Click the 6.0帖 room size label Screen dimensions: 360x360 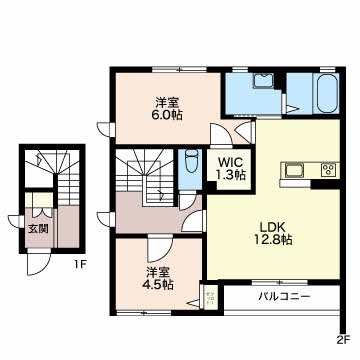click(x=168, y=115)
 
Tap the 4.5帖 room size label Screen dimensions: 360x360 click(x=159, y=284)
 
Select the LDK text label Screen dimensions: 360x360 click(x=272, y=227)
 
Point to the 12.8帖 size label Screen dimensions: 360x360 click(x=272, y=240)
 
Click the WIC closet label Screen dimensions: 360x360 click(x=230, y=162)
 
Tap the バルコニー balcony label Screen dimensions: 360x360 click(x=285, y=296)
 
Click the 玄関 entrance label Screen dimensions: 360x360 click(x=38, y=229)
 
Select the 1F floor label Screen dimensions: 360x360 click(x=80, y=265)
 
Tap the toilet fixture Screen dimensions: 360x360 click(x=191, y=161)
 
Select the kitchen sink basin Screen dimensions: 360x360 click(x=293, y=170)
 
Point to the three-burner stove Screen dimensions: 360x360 click(x=330, y=170)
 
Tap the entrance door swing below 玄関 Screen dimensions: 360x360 click(x=38, y=262)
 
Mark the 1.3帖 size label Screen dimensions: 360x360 click(x=232, y=174)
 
